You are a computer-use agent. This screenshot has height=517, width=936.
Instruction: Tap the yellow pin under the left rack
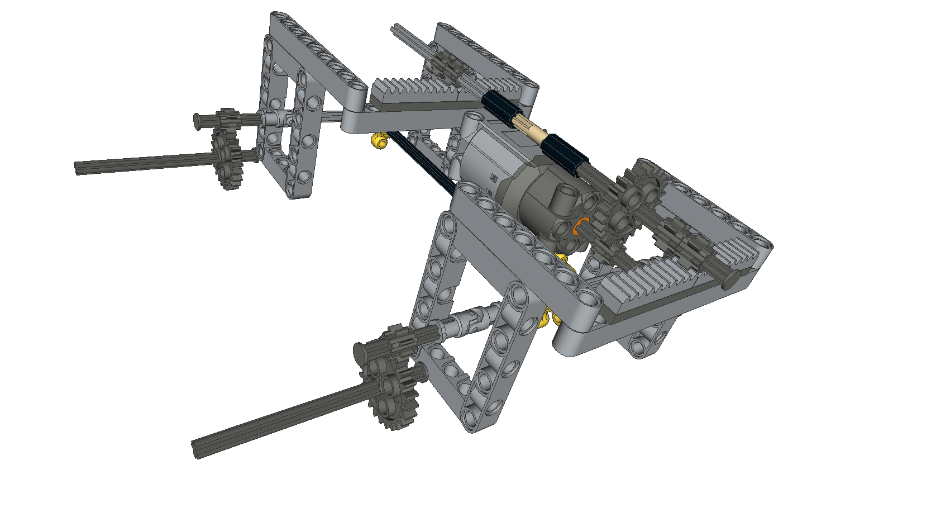pos(380,141)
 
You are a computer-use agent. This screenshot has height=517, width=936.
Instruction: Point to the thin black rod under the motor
pos(424,165)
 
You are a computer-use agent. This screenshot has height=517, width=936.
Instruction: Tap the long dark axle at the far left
pos(140,162)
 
